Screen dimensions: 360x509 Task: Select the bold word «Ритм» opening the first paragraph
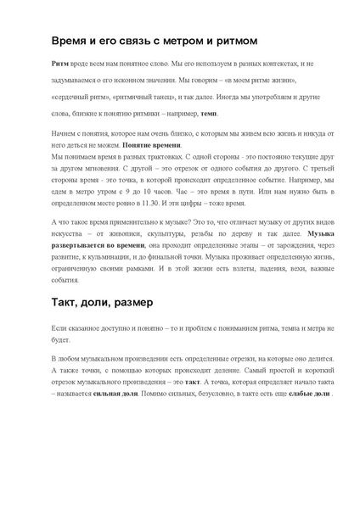59,64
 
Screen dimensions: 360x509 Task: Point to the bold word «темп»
209,113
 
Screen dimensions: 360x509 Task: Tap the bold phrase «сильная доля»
120,395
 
